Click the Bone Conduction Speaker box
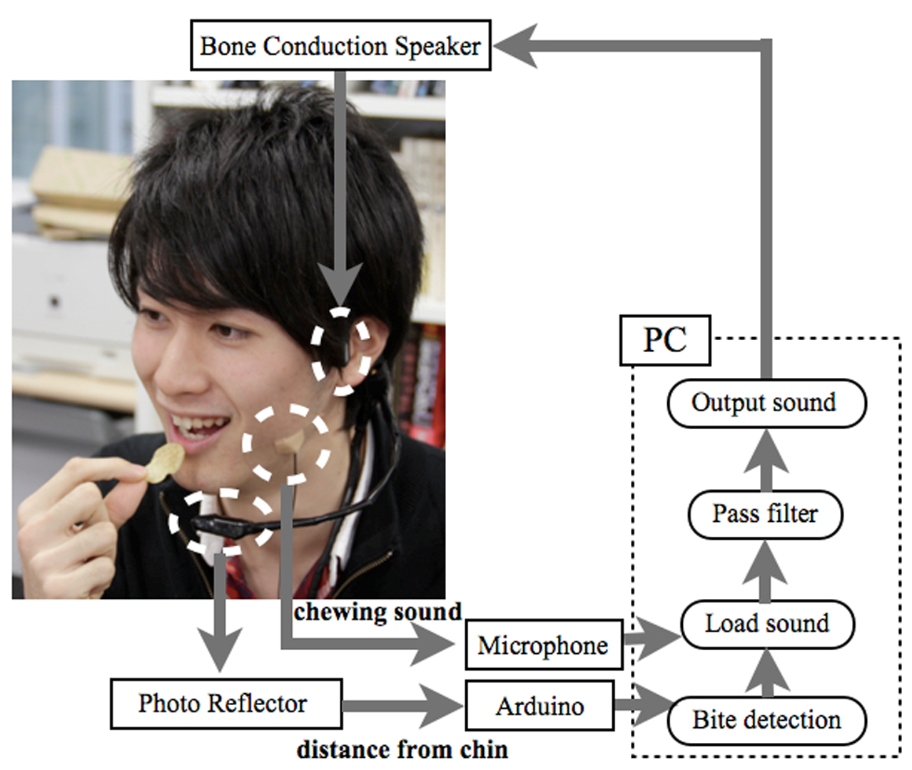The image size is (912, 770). pos(340,46)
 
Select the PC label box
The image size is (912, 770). pos(665,340)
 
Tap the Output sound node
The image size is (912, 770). pos(766,403)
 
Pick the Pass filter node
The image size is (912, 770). pos(765,513)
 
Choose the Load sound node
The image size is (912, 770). pos(767,624)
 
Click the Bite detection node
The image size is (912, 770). pos(766,720)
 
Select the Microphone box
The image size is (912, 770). pos(543,645)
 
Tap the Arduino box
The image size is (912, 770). pos(539,706)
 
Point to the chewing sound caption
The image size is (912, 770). pos(378,612)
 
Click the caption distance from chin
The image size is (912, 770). pos(402,749)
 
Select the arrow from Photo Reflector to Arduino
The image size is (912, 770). pos(403,706)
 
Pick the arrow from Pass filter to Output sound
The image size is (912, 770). pos(766,460)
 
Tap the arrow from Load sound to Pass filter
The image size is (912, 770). pos(766,570)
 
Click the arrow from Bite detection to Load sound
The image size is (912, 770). pos(767,674)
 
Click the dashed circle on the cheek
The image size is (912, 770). pos(286,444)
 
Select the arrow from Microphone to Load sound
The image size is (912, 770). pos(651,637)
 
